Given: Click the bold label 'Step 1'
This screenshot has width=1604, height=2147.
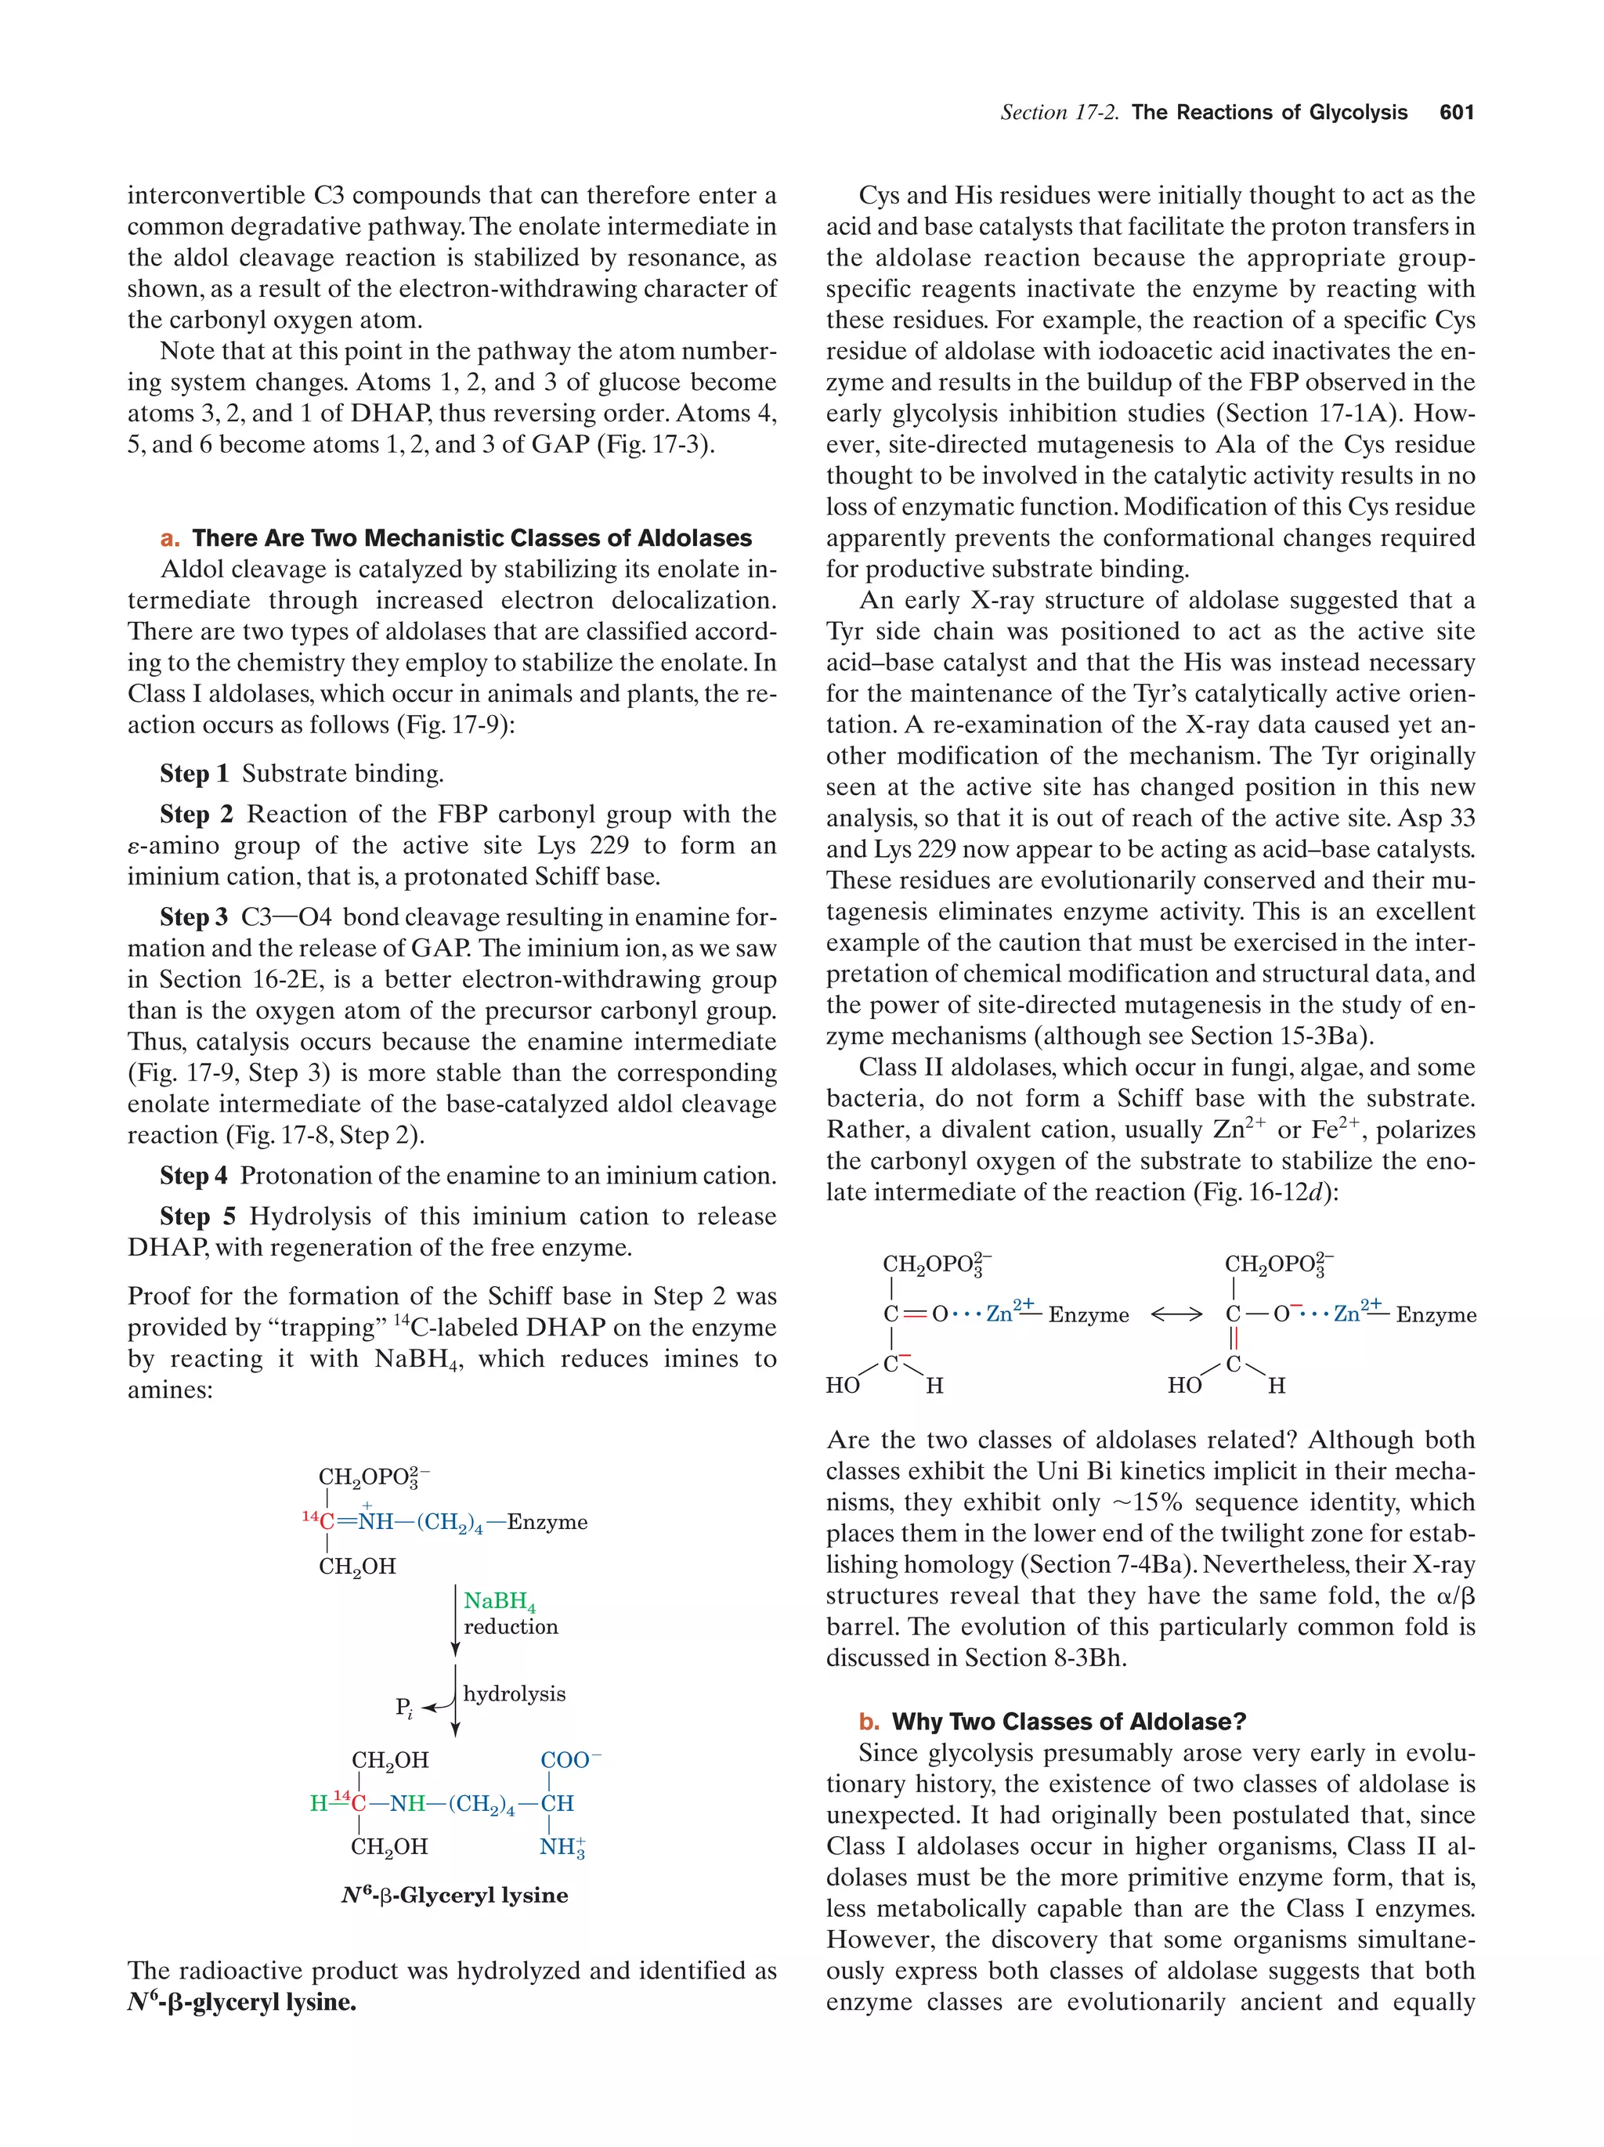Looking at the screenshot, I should pyautogui.click(x=194, y=774).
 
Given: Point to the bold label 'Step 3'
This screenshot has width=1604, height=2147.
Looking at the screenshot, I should pyautogui.click(x=194, y=917).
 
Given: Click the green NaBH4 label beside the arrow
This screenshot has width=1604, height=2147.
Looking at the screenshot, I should pyautogui.click(x=499, y=1600).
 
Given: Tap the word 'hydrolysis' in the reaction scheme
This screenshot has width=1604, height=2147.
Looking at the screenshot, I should pyautogui.click(x=513, y=1693).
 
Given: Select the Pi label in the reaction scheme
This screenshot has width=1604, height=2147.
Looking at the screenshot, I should pyautogui.click(x=403, y=1708).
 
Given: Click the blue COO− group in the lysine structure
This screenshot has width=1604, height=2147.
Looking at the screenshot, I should pyautogui.click(x=569, y=1760).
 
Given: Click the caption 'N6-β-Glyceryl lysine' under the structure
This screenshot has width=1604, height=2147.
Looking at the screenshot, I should pyautogui.click(x=454, y=1895).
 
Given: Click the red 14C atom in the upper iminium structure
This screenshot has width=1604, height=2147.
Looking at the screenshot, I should pyautogui.click(x=320, y=1520).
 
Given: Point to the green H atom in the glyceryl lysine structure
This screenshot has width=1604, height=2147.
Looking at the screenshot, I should pyautogui.click(x=318, y=1803).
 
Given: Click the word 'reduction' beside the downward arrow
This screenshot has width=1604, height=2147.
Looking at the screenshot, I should pyautogui.click(x=511, y=1626).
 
